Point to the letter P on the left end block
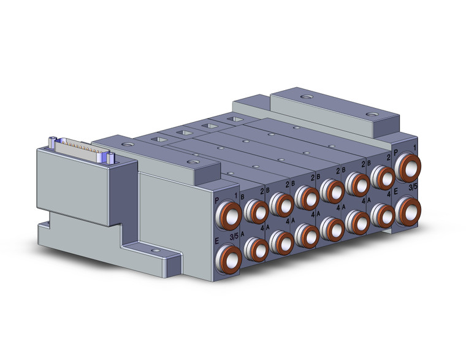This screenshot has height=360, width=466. click(x=217, y=199)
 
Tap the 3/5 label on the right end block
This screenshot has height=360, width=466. click(x=414, y=185)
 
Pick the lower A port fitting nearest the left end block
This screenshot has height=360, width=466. click(x=255, y=248)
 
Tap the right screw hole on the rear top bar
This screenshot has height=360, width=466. click(x=370, y=114)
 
